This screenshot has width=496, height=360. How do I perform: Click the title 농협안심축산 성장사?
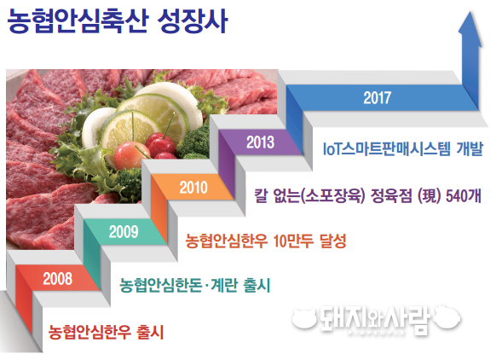pos(118,21)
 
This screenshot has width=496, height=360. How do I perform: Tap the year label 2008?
pos(58,279)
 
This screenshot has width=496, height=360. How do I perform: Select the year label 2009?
pos(124,232)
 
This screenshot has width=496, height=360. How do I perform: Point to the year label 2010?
pos(193,187)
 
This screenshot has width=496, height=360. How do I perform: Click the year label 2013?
pos(260,142)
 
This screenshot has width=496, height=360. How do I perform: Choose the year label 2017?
pos(377,97)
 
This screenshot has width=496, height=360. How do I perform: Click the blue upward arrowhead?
pos(470,29)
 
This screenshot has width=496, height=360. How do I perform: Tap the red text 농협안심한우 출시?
pos(106,332)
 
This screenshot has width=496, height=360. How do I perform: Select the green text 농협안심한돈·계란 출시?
pos(195,285)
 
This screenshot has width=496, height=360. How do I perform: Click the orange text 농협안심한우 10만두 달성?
pos(266,241)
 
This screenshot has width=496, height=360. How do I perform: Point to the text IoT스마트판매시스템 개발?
pos(403,148)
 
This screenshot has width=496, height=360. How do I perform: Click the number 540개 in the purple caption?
pos(464,196)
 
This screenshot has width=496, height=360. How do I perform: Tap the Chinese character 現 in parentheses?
pos(430,196)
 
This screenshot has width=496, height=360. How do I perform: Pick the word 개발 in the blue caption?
pos(470,148)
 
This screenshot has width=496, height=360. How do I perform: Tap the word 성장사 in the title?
pos(193,21)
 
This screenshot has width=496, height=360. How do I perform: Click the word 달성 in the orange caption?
pos(333,241)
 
